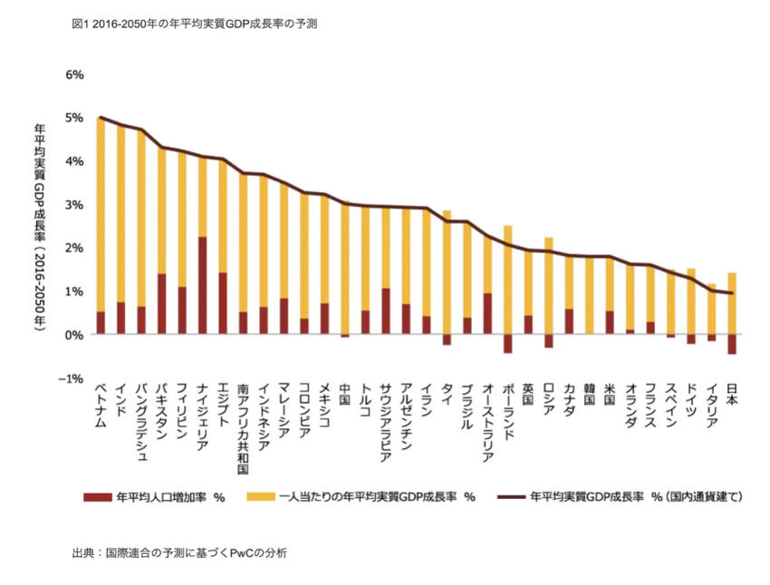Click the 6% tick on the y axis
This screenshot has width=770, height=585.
[73, 74]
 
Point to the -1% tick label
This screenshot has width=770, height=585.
[71, 379]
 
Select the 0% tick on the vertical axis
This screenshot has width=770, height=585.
[73, 335]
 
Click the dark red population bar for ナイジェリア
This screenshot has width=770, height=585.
[202, 286]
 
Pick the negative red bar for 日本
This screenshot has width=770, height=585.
[731, 344]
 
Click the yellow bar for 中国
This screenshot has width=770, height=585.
[344, 268]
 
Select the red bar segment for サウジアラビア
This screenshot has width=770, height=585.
[385, 312]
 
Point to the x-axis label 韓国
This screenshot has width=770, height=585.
[589, 395]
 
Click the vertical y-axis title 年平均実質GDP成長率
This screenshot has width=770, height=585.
[39, 226]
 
